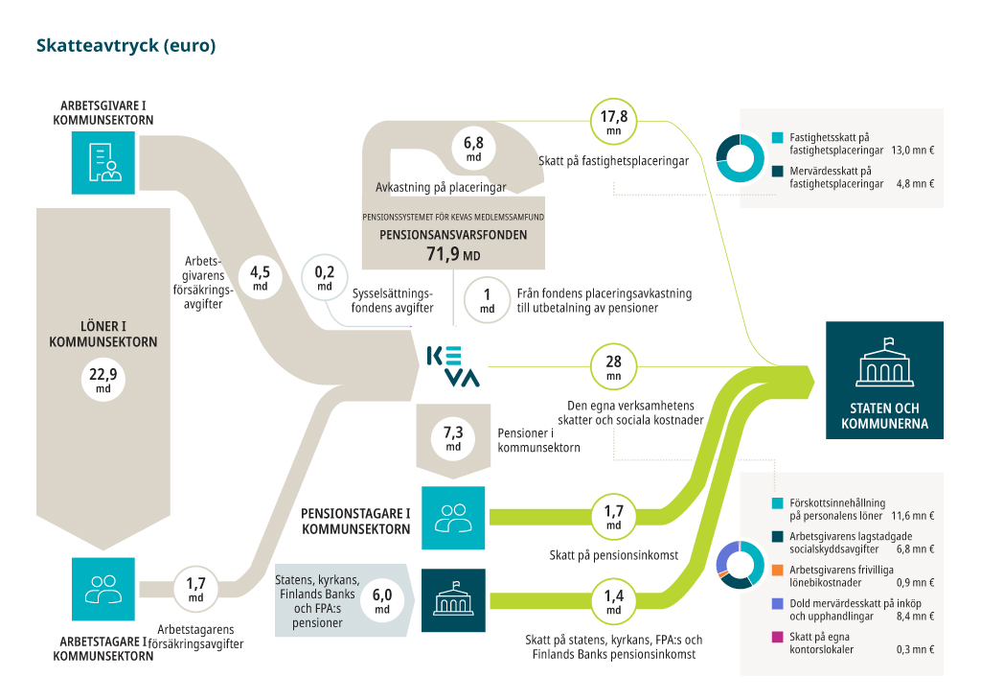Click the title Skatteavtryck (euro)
[125, 46]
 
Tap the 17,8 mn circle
[614, 122]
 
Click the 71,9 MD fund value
[453, 253]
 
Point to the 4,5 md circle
[261, 277]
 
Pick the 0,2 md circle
[324, 277]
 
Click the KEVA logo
[453, 366]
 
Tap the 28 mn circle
[614, 366]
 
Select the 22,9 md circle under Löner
[103, 379]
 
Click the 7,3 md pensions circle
[453, 437]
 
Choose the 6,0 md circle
[381, 600]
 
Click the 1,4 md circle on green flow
[614, 600]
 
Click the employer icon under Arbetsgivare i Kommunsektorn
[103, 162]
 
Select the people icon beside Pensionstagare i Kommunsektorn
[453, 518]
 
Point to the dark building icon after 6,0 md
[453, 600]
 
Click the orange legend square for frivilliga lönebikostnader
[778, 571]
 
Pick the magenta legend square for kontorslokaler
[778, 638]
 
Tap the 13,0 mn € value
[913, 151]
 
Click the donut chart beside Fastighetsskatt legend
[741, 158]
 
